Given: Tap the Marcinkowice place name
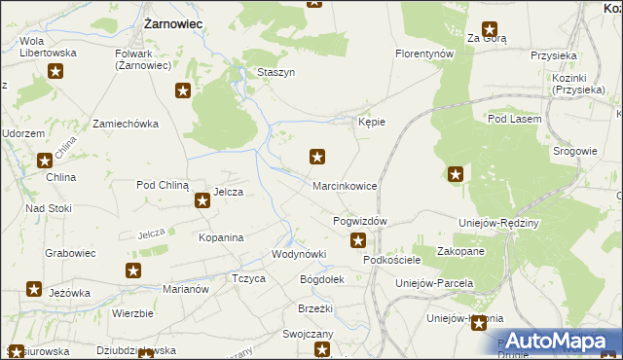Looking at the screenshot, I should coord(344,185).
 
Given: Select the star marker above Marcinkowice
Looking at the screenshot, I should coord(317,156).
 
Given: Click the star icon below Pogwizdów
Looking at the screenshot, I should coord(358,241).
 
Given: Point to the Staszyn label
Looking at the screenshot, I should coord(275,73).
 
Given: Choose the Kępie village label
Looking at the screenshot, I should coord(372,123).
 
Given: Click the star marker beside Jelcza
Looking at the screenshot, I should coord(202,201).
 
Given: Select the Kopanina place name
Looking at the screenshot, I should coord(220,237).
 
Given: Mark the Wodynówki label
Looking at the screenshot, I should coord(298,254).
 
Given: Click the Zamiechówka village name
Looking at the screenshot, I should coord(125,125).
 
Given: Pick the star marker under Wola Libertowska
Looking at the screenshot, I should coord(56,71).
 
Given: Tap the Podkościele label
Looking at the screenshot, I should coord(392,261).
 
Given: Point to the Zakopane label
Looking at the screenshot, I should coord(460,251).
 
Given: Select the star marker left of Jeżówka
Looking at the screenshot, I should coord(34,290).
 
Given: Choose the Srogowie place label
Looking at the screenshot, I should coord(574,151).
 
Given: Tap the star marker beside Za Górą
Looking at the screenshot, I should coord(490,30).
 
